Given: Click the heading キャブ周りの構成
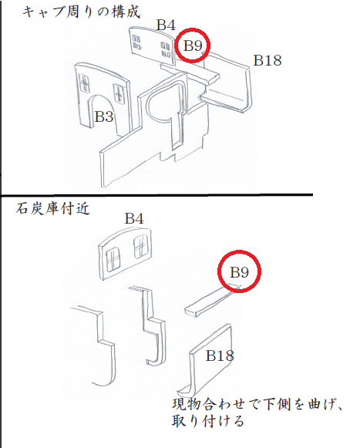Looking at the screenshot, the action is point(82,12).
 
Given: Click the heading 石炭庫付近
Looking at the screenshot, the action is point(53,208).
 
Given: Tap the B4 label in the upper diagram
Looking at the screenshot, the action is point(166,25).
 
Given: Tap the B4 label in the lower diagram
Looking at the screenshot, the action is point(134,218).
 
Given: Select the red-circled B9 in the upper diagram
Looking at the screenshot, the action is point(192,45).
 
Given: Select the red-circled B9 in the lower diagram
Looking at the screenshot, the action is point(239,271).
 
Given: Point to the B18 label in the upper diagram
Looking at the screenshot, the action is point(267,60).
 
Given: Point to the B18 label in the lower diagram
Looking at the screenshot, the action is point(220,356).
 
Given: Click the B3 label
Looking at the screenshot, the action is point(104,116).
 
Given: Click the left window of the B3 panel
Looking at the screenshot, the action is point(85,83).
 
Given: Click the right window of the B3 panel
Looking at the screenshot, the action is point(119,93).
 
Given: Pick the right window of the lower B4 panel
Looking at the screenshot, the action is point(141,246).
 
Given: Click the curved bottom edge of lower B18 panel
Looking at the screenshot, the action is point(184,390).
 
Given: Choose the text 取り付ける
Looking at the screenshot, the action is point(207,421).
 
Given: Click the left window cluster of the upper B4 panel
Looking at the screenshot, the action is point(136,42).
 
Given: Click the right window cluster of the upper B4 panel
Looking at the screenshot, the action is point(166,49).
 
